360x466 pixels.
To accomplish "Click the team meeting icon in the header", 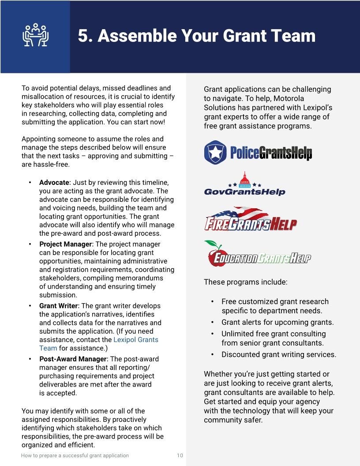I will [x=35, y=35].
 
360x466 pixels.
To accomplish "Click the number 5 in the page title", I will [x=83, y=36].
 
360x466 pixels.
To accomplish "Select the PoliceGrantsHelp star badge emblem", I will [x=215, y=152].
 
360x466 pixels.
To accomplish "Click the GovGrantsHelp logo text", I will [x=245, y=192].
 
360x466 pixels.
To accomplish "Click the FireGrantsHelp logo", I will [x=250, y=219].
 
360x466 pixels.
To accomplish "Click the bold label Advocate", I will [x=54, y=182].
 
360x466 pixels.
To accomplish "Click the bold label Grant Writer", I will [x=59, y=306].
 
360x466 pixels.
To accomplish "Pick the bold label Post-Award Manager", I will [x=73, y=359].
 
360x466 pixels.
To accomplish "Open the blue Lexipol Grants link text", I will [x=135, y=340].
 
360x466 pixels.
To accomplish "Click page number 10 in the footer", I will [x=180, y=455].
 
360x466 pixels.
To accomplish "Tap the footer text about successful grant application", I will [x=75, y=455].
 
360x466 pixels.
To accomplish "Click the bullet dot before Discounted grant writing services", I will [x=213, y=354].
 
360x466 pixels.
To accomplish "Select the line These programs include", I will [x=245, y=282].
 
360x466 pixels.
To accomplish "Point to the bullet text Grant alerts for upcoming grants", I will [x=277, y=322].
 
